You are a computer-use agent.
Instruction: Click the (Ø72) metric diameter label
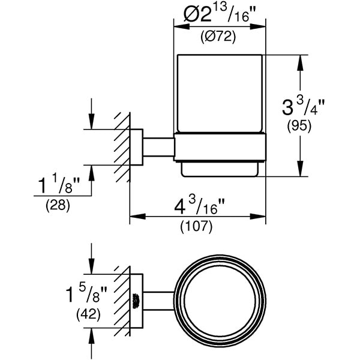pyautogui.click(x=218, y=37)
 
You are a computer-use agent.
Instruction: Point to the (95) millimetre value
pyautogui.click(x=299, y=126)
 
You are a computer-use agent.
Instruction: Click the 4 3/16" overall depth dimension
pyautogui.click(x=199, y=206)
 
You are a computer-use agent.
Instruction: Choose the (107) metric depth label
pyautogui.click(x=197, y=227)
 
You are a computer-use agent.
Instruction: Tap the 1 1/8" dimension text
pyautogui.click(x=59, y=185)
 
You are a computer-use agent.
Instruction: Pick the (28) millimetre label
pyautogui.click(x=58, y=205)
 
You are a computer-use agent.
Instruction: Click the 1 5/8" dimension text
pyautogui.click(x=86, y=294)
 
